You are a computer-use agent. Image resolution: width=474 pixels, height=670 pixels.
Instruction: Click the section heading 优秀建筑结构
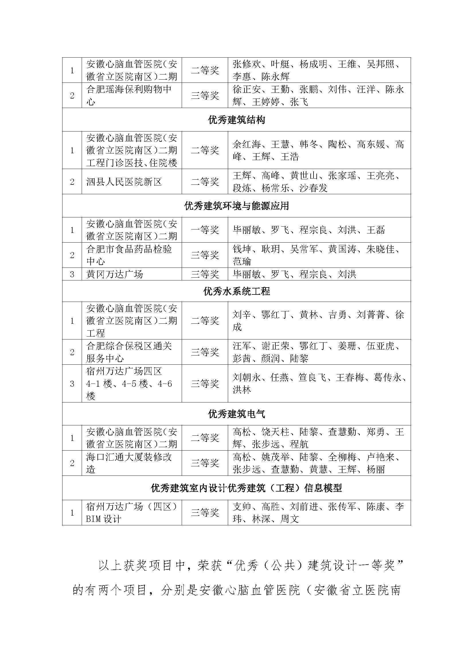tap(236, 120)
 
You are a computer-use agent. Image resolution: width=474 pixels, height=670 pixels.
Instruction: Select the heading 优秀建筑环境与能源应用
tap(236, 206)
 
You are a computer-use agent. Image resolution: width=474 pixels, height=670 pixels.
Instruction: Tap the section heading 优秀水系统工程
tap(236, 291)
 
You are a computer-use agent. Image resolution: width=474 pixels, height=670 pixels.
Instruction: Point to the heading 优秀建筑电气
tap(236, 414)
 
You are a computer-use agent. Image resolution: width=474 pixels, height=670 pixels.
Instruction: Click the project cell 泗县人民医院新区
tap(124, 182)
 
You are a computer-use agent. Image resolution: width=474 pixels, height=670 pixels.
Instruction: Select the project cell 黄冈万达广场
tap(115, 274)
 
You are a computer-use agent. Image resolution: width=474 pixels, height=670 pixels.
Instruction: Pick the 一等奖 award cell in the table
tap(205, 230)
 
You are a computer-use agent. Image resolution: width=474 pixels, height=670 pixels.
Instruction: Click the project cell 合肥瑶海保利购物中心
tap(129, 95)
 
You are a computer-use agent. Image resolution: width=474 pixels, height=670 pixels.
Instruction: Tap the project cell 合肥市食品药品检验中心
tap(129, 255)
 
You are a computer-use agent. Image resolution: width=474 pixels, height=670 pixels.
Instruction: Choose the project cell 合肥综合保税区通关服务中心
tap(129, 352)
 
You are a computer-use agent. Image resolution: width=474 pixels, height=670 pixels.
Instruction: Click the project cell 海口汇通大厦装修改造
tap(129, 463)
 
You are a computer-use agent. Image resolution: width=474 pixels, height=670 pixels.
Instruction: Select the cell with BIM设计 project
tap(131, 513)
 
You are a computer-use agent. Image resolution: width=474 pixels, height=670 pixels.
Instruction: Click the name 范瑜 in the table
tap(242, 261)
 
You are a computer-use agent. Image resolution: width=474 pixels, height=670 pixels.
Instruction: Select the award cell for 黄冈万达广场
tap(205, 274)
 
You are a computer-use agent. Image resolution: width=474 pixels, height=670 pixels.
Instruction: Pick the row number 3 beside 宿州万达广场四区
tap(72, 384)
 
